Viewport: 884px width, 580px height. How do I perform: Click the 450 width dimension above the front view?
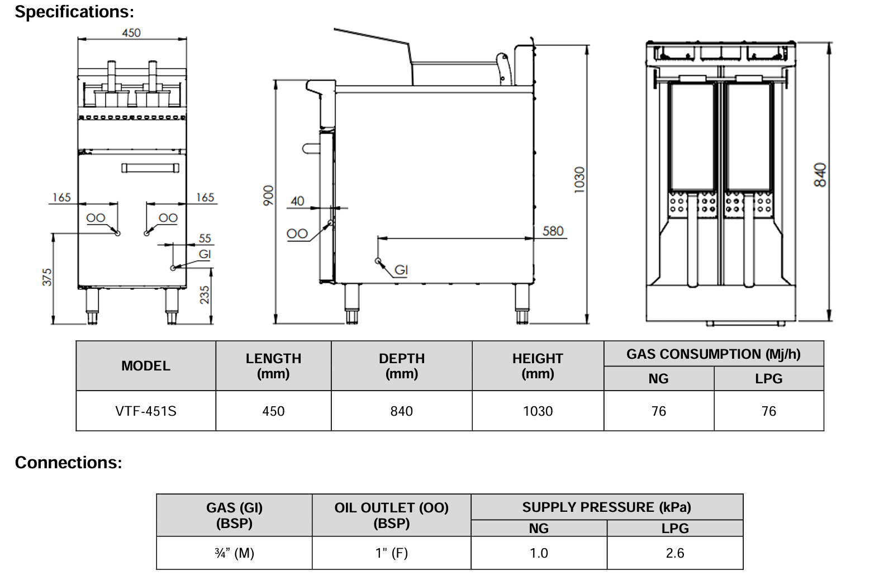(131, 33)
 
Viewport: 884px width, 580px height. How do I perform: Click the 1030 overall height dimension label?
(579, 180)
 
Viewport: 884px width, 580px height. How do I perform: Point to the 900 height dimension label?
(269, 195)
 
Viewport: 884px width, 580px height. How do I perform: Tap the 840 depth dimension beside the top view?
(820, 175)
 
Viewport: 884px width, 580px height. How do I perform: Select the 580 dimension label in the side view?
(553, 231)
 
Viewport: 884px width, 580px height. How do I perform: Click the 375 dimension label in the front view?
(47, 277)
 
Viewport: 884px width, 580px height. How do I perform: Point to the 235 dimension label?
(205, 294)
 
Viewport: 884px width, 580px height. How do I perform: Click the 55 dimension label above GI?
(205, 239)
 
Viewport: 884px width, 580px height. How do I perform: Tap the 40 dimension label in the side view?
(297, 201)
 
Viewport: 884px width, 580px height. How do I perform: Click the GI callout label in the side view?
(401, 270)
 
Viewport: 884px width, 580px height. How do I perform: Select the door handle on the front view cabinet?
(150, 168)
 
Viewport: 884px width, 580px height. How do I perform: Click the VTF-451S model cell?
(146, 411)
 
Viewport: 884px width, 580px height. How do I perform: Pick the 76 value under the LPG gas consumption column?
(768, 411)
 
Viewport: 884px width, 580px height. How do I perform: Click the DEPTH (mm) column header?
(401, 366)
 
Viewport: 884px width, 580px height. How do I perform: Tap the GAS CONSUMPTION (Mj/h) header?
(713, 354)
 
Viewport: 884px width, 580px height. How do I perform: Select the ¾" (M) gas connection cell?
(234, 553)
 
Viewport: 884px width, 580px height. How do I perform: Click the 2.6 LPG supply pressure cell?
(674, 553)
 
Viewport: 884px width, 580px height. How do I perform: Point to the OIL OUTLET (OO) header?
(391, 515)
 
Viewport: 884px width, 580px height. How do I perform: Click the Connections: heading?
(68, 463)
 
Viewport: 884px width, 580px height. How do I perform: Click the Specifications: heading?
(74, 12)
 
